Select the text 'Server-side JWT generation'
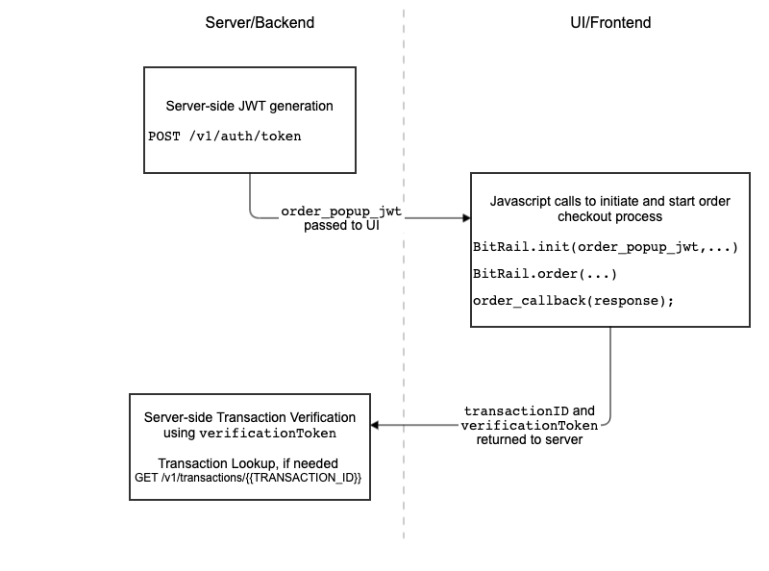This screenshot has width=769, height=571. [x=250, y=106]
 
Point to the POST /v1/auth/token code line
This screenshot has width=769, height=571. [x=224, y=136]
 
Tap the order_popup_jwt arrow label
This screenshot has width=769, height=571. [x=340, y=211]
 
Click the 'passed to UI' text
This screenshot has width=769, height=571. [x=340, y=226]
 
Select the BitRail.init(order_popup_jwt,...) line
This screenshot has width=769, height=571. [x=605, y=247]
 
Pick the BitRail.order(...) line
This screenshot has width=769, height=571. [x=544, y=274]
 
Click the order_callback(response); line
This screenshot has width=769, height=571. [x=573, y=301]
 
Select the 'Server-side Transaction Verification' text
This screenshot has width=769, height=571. [x=250, y=417]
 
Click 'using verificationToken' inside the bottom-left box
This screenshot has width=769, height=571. [x=250, y=434]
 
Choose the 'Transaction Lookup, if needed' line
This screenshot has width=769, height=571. [x=250, y=462]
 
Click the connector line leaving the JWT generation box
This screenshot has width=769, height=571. [x=250, y=197]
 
